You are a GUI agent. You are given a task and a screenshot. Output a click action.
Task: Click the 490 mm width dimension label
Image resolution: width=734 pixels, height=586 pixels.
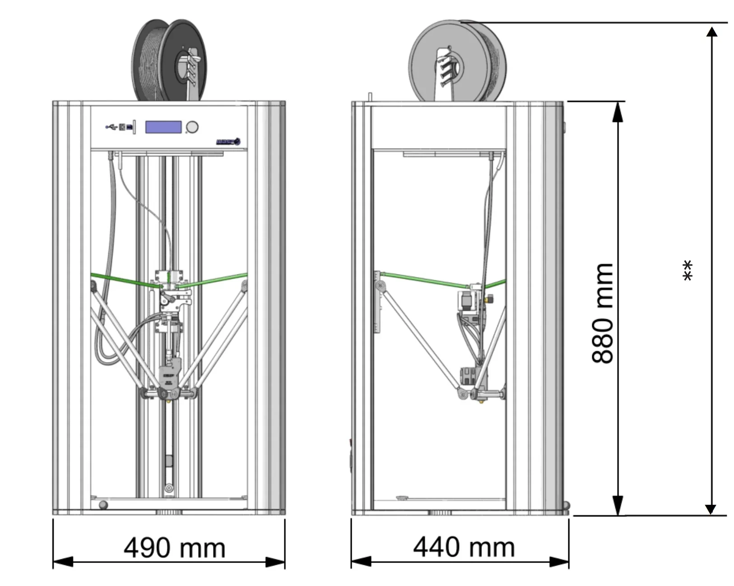174,548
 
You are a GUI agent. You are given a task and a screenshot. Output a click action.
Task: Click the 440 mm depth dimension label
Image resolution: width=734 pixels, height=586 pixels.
464,547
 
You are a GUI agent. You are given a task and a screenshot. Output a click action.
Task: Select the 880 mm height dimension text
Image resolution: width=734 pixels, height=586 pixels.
603,313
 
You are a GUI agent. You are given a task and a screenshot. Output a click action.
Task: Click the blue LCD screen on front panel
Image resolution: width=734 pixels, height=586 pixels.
163,127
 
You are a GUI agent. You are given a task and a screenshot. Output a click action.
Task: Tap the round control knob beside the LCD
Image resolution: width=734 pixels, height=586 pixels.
192,127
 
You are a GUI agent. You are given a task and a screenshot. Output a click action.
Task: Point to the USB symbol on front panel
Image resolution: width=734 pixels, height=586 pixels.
111,127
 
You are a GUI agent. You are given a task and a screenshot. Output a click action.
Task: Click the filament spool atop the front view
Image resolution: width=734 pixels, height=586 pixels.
169,61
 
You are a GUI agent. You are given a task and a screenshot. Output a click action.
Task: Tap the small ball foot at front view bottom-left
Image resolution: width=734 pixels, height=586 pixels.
103,505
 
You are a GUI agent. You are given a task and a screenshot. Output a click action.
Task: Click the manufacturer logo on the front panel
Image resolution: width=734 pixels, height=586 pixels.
228,142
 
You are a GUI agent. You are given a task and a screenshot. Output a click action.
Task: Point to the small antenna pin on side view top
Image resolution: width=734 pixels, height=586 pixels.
370,97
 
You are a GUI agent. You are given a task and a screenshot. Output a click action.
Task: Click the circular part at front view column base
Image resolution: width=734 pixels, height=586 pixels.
169,488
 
